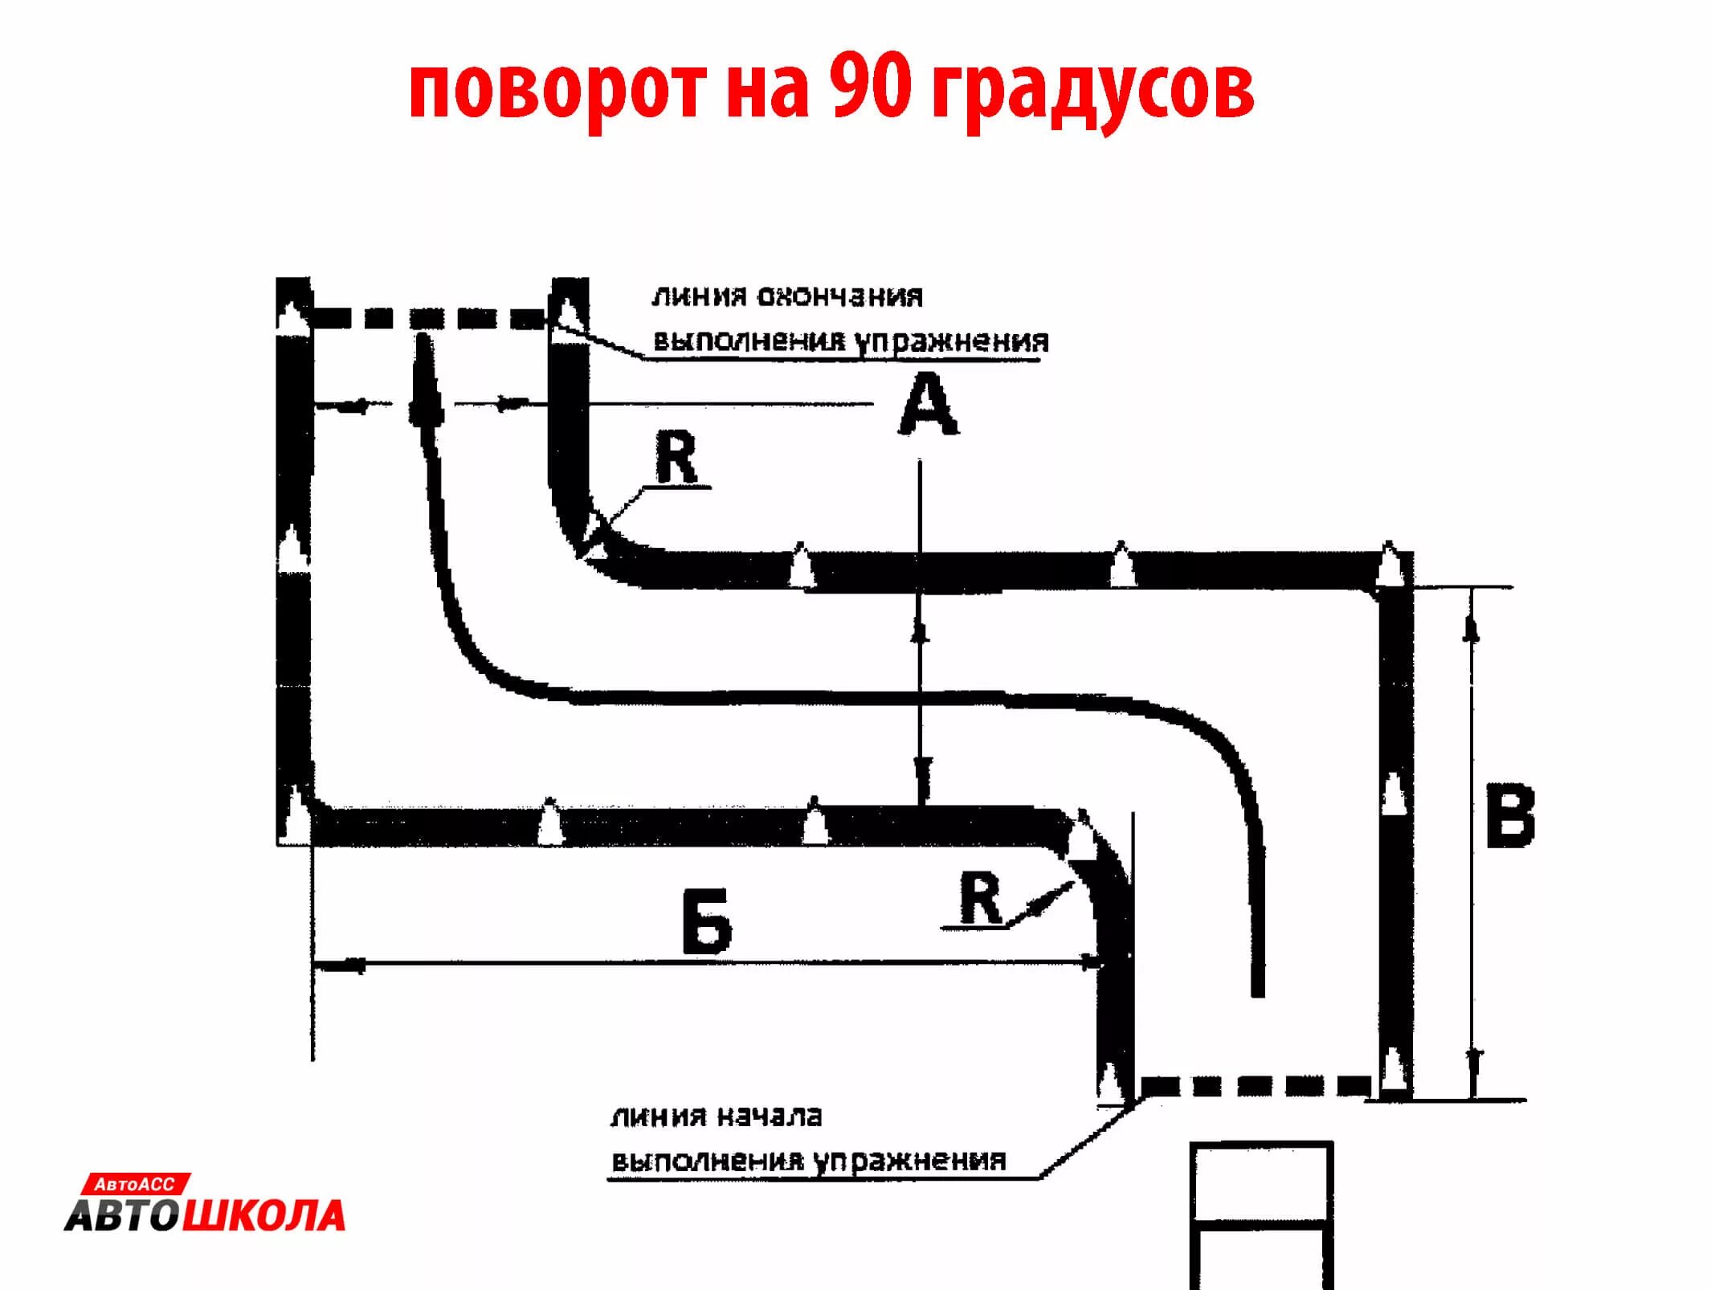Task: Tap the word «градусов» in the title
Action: pyautogui.click(x=1092, y=90)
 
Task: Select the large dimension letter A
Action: pyautogui.click(x=928, y=407)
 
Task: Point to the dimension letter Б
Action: pyautogui.click(x=707, y=921)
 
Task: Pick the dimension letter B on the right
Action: pyautogui.click(x=1510, y=817)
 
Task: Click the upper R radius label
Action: pyautogui.click(x=676, y=458)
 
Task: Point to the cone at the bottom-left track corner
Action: pyautogui.click(x=296, y=815)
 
